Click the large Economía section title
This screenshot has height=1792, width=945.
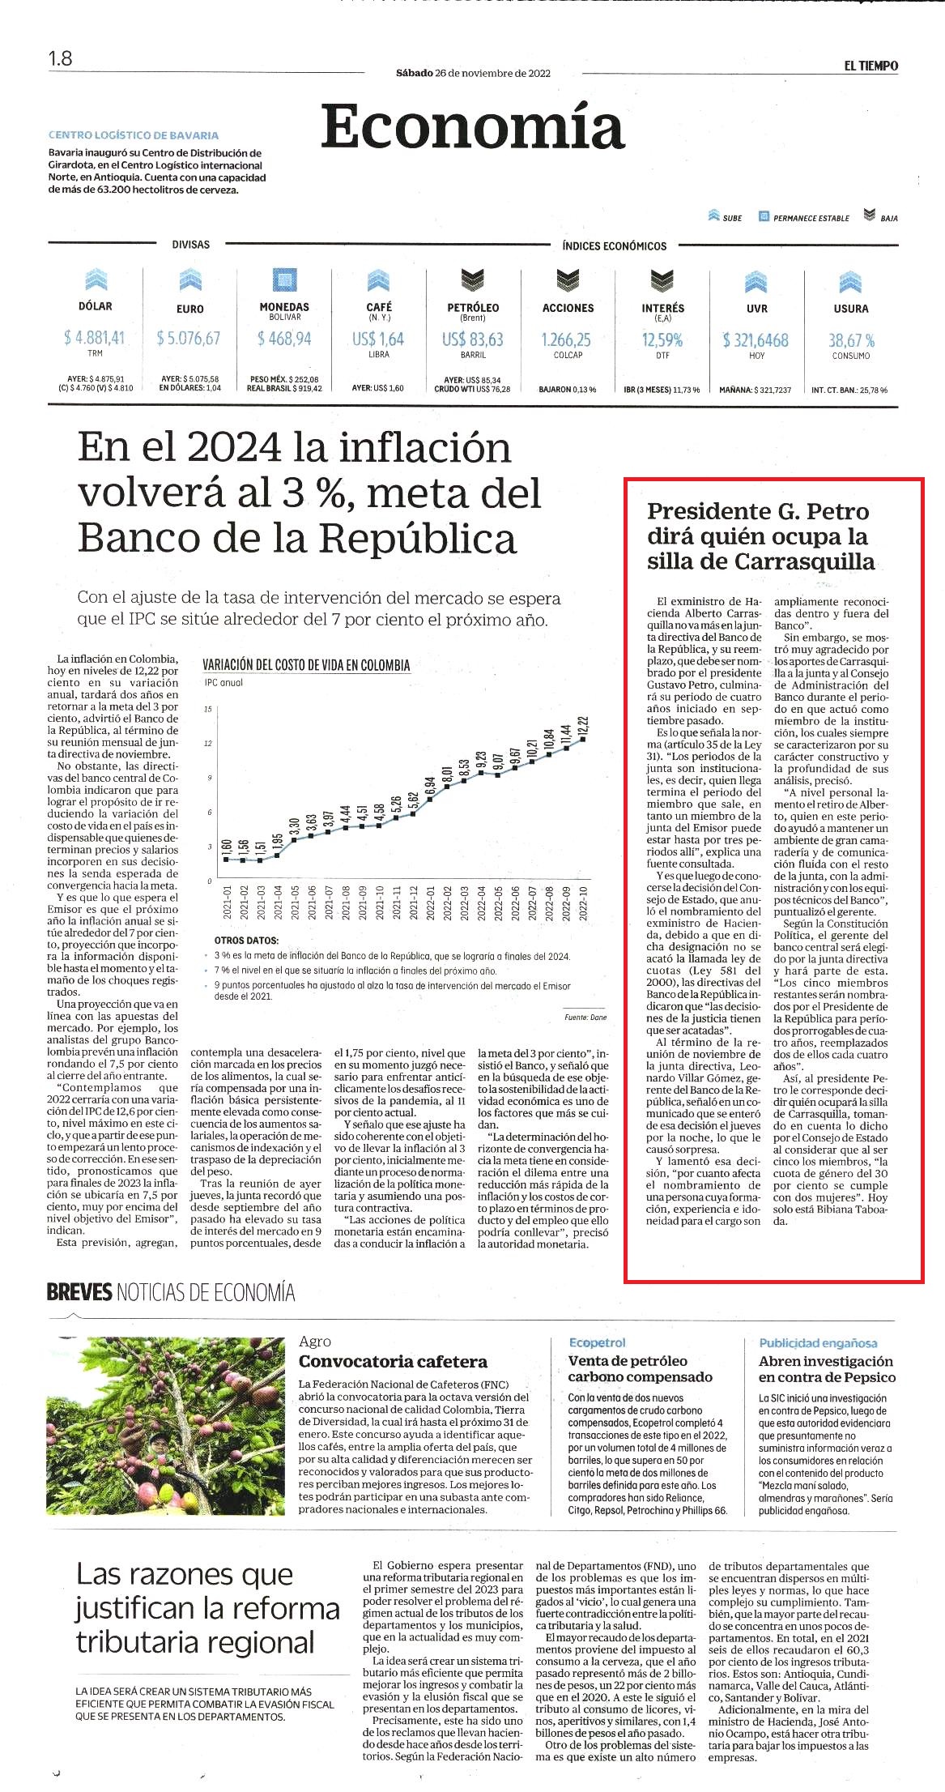[x=473, y=126]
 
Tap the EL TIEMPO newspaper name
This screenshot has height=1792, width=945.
[x=871, y=66]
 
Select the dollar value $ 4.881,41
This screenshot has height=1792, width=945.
[x=95, y=337]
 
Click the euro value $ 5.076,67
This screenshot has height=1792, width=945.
[x=189, y=338]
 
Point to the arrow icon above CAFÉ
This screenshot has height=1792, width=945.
[x=378, y=280]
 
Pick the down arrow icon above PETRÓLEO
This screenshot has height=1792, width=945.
[x=473, y=280]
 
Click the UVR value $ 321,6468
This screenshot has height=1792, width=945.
[x=756, y=340]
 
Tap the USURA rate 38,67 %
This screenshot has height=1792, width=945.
[x=851, y=340]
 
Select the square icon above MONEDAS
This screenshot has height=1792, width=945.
[x=284, y=280]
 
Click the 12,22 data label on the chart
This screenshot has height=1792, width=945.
[x=583, y=725]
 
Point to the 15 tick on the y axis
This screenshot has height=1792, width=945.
[x=208, y=709]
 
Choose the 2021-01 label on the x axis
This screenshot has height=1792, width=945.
[x=228, y=902]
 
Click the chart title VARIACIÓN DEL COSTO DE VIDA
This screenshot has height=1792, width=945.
[x=306, y=666]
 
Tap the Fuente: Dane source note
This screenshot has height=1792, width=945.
[x=585, y=1017]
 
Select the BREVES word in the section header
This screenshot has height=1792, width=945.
[x=79, y=1292]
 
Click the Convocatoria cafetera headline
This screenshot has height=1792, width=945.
[x=394, y=1362]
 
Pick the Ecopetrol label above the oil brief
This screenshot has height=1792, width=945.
[x=597, y=1343]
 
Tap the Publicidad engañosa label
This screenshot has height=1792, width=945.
[x=818, y=1343]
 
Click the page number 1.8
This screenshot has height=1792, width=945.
[x=60, y=58]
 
